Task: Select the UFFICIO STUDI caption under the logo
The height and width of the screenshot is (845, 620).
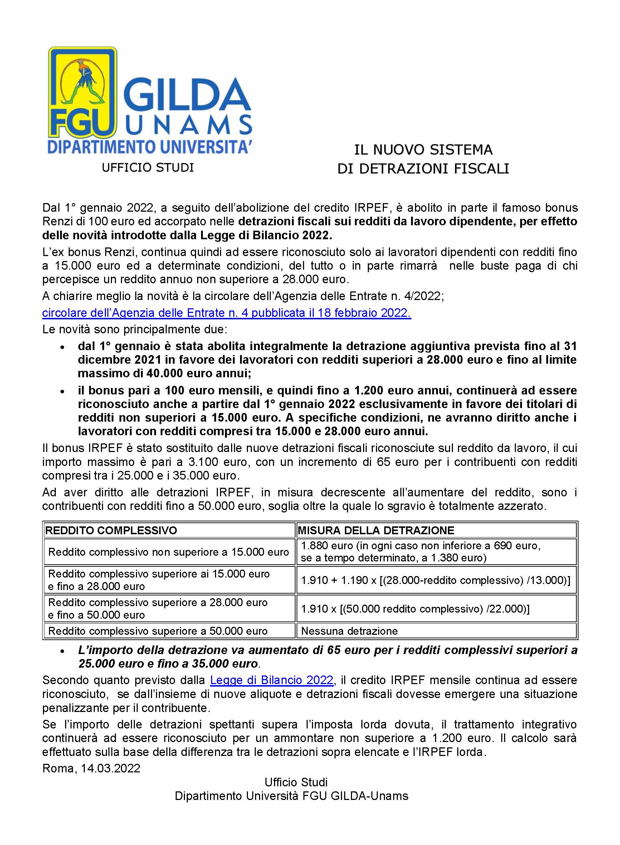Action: pos(147,167)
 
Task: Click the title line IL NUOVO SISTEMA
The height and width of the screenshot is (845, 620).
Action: pos(423,150)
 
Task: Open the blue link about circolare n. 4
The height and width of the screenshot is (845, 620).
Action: pos(226,313)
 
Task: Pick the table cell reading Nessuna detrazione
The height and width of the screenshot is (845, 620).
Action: pos(349,630)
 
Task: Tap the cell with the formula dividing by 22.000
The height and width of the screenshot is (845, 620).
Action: pos(415,609)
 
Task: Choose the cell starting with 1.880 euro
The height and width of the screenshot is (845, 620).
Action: pos(420,552)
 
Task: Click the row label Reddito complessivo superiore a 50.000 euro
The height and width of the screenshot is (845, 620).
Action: pos(158,630)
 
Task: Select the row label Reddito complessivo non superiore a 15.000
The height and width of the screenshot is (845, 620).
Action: pos(169,552)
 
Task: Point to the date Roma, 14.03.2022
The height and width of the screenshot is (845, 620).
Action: pos(91,768)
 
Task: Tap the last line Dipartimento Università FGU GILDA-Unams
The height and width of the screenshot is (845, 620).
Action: pos(291,796)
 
